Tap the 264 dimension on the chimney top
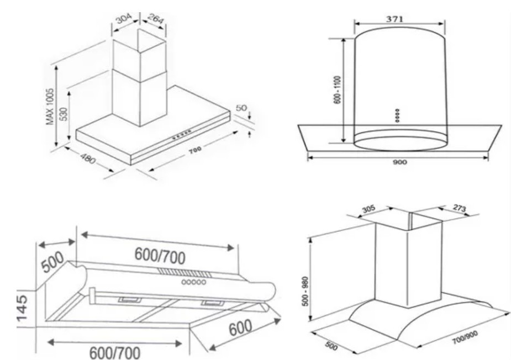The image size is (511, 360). click(x=155, y=19)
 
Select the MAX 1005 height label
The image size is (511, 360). click(x=50, y=107)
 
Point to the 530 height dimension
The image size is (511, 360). click(x=64, y=114)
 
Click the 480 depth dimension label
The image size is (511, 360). click(x=88, y=158)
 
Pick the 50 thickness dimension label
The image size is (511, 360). click(x=241, y=108)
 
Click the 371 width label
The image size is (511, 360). click(x=394, y=19)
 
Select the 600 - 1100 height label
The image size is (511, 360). click(x=338, y=90)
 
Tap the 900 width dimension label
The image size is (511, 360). click(x=399, y=162)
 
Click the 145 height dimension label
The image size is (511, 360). click(x=23, y=308)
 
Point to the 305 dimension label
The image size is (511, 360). click(x=368, y=209)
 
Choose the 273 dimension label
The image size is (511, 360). click(x=460, y=208)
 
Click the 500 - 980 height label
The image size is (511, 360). click(x=305, y=292)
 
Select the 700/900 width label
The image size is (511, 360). click(x=465, y=337)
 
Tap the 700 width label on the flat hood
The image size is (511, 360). click(x=194, y=150)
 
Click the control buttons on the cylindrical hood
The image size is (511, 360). click(x=397, y=115)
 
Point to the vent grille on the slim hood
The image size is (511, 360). click(x=185, y=273)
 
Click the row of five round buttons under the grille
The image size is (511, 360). click(x=194, y=282)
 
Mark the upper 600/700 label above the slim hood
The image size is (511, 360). click(x=160, y=256)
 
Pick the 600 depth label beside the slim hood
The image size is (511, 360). click(x=240, y=327)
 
